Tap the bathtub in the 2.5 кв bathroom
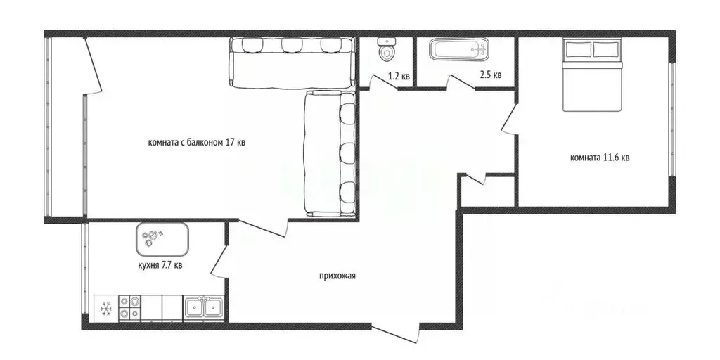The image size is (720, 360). (x=458, y=50)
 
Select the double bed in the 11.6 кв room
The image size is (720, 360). (x=592, y=75)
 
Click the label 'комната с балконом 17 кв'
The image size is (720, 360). (x=196, y=143)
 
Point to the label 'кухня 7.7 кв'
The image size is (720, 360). (x=160, y=265)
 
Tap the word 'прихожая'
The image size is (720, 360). (x=337, y=276)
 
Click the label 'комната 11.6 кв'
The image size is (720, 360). (x=600, y=157)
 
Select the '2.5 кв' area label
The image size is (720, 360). (x=490, y=75)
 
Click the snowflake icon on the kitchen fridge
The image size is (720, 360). (x=107, y=308)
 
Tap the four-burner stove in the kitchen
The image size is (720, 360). (x=129, y=308)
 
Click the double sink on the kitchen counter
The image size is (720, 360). (x=204, y=308)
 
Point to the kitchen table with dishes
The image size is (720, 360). (x=162, y=239)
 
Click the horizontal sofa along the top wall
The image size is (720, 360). (x=291, y=62)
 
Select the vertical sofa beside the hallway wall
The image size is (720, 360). (x=330, y=154)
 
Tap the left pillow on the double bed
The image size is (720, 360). (x=577, y=49)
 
